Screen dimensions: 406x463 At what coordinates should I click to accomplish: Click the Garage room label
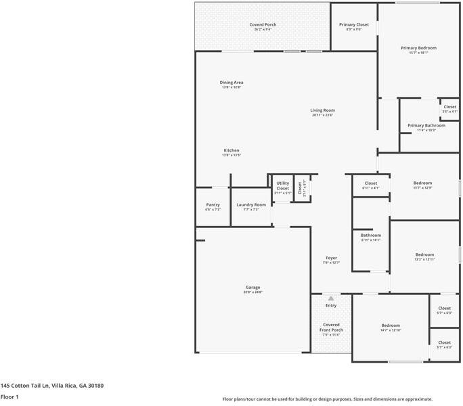pos(252,287)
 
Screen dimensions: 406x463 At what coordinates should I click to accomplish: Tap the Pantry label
pos(213,204)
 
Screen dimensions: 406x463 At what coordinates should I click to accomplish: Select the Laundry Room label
pos(251,204)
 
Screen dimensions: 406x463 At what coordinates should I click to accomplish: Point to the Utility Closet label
pos(282,185)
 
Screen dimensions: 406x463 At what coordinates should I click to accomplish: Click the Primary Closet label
pos(353,24)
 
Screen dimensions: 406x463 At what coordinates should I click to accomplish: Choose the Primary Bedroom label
pos(418,48)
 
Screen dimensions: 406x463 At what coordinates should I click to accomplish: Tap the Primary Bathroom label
pos(426,125)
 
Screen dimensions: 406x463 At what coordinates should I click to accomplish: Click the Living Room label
pos(323,110)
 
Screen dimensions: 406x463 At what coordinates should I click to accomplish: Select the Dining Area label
pos(231,83)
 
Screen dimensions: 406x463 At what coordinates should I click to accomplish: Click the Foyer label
pos(331,258)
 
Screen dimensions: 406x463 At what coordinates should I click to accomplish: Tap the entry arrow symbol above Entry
pos(331,298)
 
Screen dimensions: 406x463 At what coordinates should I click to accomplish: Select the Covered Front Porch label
pos(331,327)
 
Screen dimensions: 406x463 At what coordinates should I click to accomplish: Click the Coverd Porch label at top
pos(263,24)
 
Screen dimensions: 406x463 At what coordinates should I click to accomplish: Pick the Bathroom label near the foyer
pos(370,235)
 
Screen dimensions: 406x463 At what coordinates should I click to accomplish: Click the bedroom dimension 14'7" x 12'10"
pos(391,330)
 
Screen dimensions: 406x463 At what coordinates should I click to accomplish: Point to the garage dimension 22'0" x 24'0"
pos(252,292)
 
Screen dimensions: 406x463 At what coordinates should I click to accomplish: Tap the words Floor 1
pos(9,397)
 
